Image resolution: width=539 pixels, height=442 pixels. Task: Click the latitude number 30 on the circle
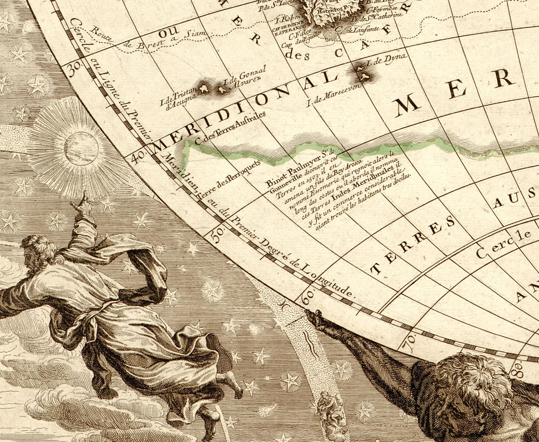pyautogui.click(x=75, y=69)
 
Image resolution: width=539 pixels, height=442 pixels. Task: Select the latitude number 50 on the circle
pyautogui.click(x=216, y=235)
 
